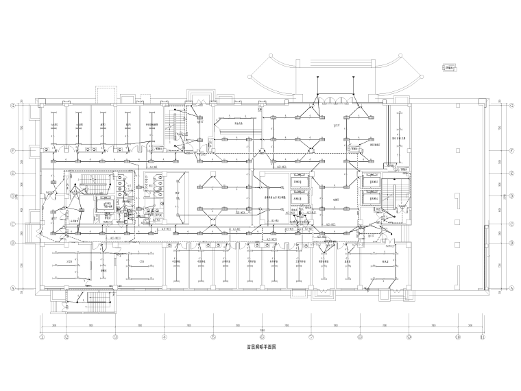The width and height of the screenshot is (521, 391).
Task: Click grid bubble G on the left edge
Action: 12,106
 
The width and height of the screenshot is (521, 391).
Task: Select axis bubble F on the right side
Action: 511,150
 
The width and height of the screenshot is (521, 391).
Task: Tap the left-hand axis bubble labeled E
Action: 12,174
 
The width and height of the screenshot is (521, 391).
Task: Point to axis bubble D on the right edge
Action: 511,195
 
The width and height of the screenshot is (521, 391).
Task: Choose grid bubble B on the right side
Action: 511,243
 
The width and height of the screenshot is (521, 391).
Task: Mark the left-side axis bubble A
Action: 12,289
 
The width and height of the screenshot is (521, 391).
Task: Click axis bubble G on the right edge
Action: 511,106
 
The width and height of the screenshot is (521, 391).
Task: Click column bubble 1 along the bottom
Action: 42,337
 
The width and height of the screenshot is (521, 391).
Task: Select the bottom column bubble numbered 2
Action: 66,337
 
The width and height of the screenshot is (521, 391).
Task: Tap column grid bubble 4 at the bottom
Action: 165,337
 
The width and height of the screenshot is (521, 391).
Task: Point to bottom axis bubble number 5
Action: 213,337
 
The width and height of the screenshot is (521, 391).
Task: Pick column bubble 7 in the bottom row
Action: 311,337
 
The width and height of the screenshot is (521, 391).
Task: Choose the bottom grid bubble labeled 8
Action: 360,337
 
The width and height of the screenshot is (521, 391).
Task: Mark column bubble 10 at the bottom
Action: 457,337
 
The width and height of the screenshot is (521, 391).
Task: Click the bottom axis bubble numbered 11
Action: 482,337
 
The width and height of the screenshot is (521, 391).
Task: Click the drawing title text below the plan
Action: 261,348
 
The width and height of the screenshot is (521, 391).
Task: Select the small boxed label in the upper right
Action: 450,67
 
